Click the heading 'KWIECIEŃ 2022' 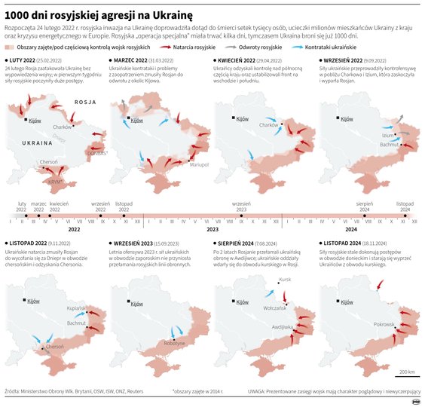pyautogui.click(x=237, y=59)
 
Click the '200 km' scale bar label pyautogui.click(x=406, y=372)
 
